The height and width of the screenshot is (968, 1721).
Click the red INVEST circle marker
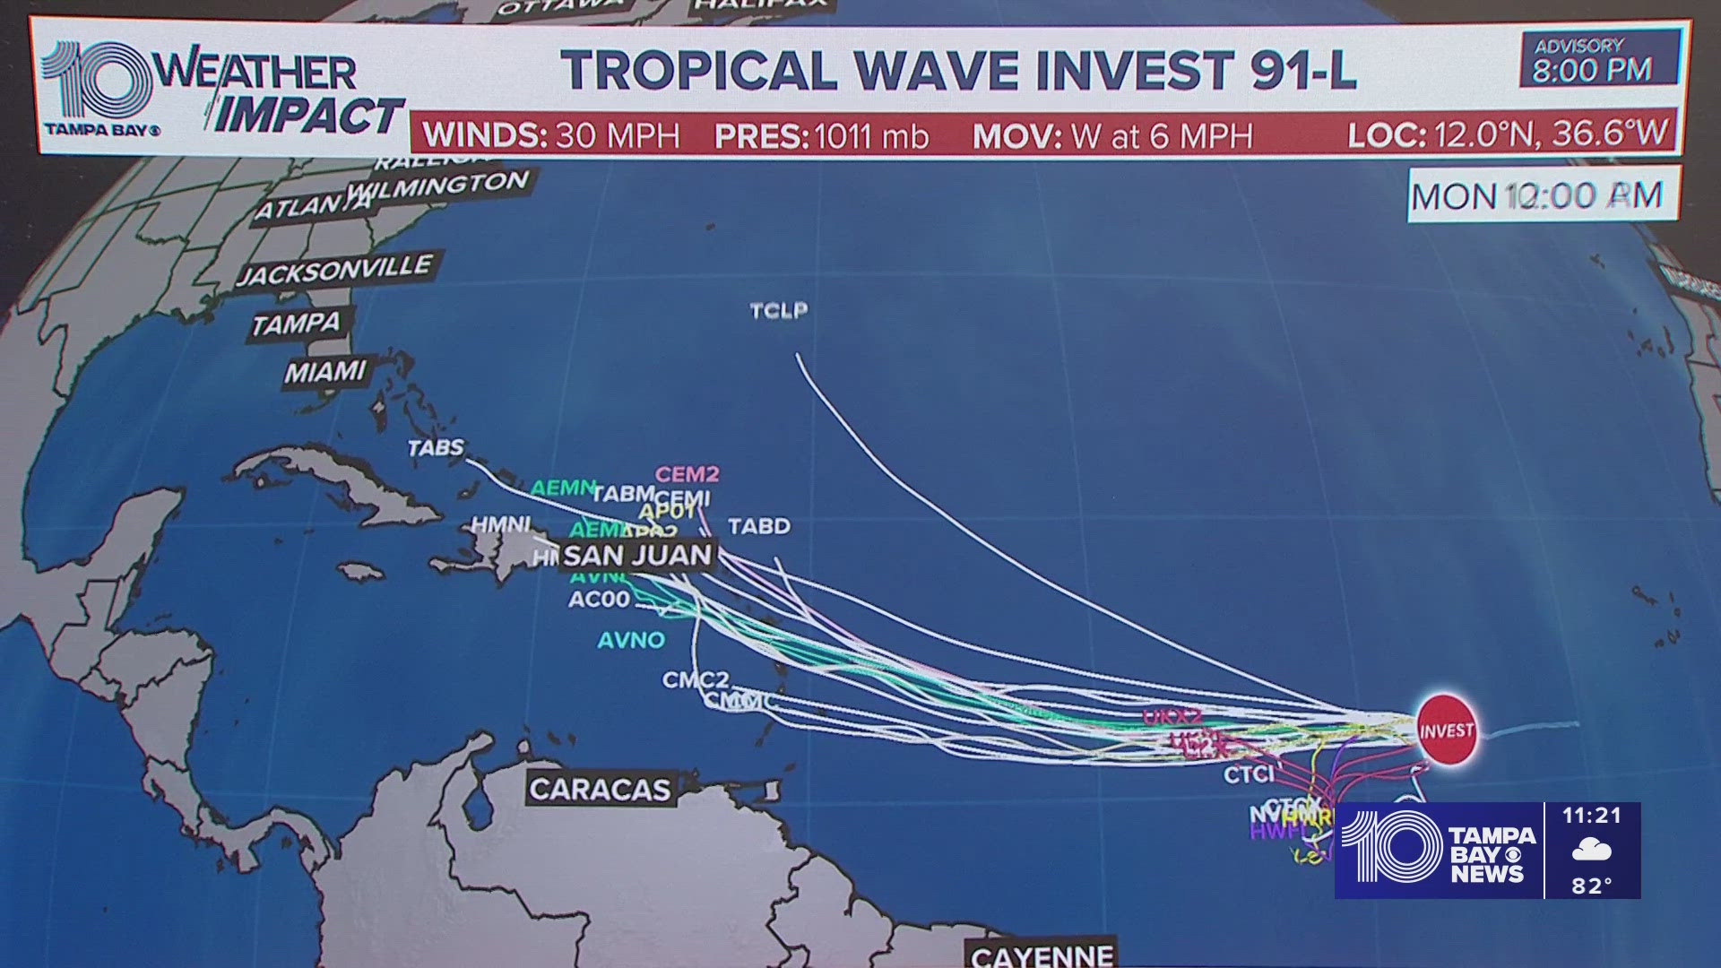[x=1447, y=730]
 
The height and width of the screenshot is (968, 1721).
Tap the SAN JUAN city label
[x=637, y=555]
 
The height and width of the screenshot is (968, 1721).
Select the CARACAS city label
[x=599, y=789]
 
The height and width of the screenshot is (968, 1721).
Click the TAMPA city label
[x=297, y=324]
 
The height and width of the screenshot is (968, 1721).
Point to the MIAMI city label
[x=325, y=371]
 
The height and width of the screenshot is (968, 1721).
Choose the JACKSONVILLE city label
[x=335, y=271]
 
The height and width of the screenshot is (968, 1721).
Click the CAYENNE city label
[x=1042, y=955]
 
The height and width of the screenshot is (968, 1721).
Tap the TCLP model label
[x=779, y=310]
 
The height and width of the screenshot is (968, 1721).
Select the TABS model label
[x=437, y=447]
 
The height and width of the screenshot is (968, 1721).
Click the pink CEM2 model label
[x=687, y=474]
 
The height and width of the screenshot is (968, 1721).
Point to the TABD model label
[x=759, y=526]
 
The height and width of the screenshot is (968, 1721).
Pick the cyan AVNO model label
[x=632, y=640]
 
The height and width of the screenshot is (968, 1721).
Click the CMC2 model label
[x=696, y=680]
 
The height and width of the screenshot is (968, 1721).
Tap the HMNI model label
[x=501, y=524]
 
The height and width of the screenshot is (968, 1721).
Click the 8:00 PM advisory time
[x=1592, y=70]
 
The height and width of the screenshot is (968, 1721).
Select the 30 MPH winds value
[x=618, y=136]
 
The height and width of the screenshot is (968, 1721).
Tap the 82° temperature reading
[x=1592, y=886]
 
